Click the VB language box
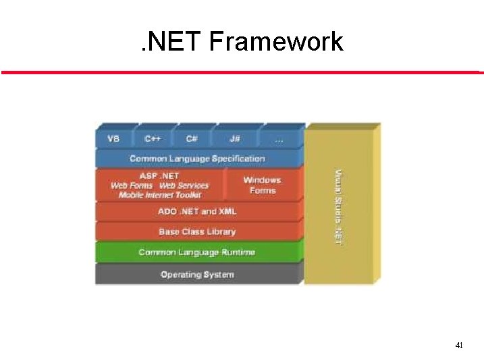113,139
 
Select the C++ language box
153,139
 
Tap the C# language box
192,139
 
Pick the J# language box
234,139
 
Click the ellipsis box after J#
278,139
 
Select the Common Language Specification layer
197,159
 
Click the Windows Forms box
262,185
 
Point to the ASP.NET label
159,175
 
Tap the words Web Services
184,185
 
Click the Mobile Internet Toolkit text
159,194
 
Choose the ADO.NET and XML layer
197,211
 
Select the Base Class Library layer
197,231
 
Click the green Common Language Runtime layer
197,252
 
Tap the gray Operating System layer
197,274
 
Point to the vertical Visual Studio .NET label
339,206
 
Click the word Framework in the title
276,42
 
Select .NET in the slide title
169,42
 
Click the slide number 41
459,345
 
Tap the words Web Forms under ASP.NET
132,185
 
